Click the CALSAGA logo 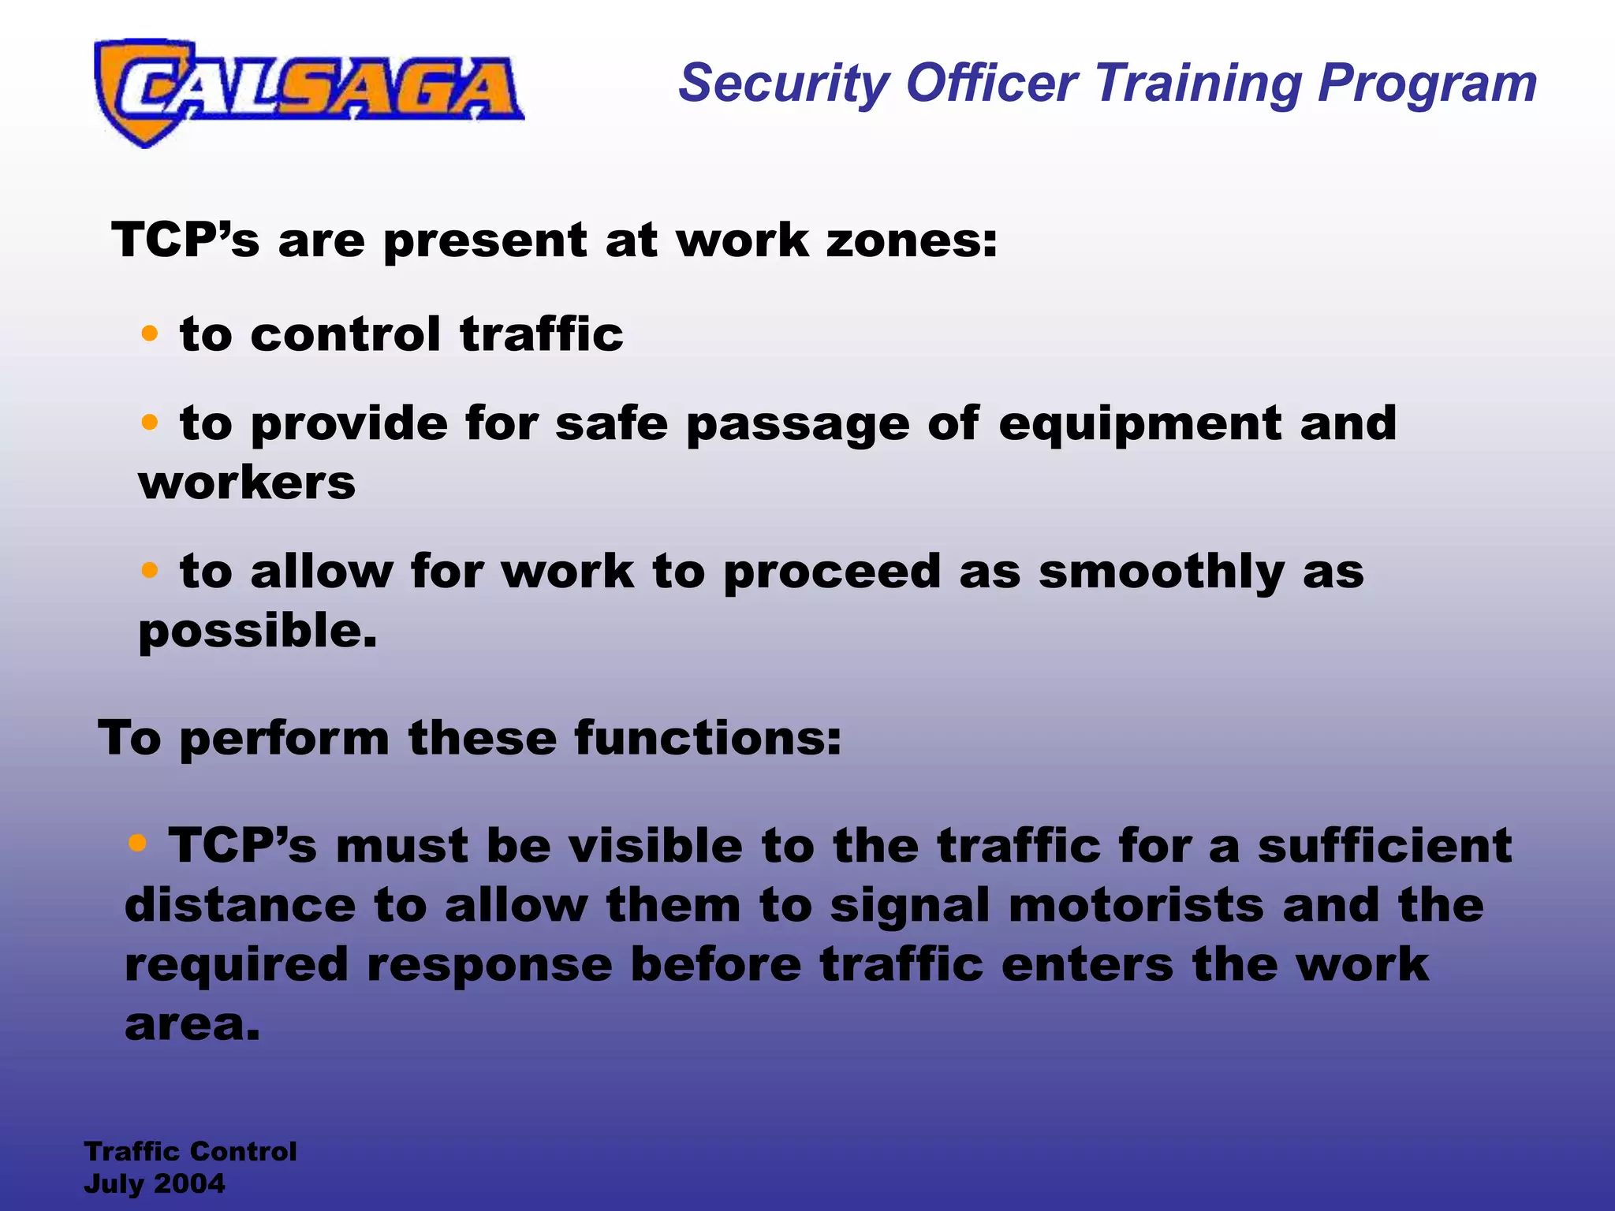(308, 91)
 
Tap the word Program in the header (1427, 84)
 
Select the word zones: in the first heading (911, 240)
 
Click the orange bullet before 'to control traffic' (149, 333)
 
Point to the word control (345, 334)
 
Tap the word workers (247, 483)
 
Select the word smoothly (1162, 572)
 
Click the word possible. (257, 632)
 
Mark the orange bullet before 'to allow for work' (149, 569)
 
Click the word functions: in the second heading (707, 739)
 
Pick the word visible (655, 846)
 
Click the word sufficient (1384, 846)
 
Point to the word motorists (1136, 905)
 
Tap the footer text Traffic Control (190, 1151)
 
